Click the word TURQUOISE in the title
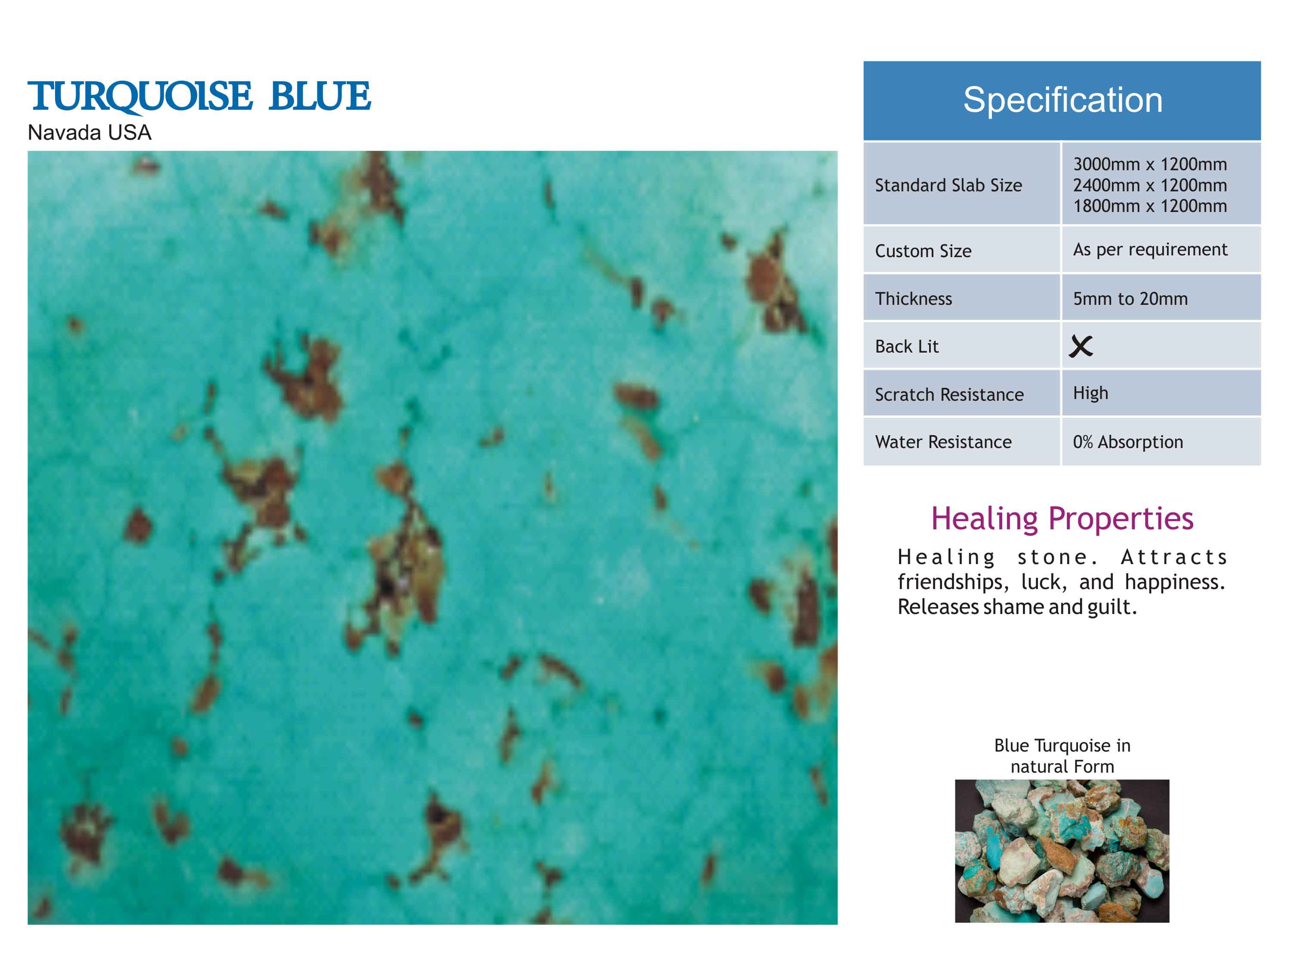click(x=140, y=97)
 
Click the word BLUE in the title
click(x=320, y=96)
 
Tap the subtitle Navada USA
click(x=89, y=133)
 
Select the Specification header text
click(x=1062, y=100)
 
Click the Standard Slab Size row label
click(x=948, y=185)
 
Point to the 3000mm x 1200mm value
click(x=1150, y=164)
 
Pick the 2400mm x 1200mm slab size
click(x=1150, y=185)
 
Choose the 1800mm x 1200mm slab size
click(x=1150, y=206)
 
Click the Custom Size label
click(x=923, y=251)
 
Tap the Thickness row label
click(x=913, y=299)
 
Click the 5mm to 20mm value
click(x=1130, y=299)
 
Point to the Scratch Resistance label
click(x=949, y=395)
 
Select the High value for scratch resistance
click(x=1090, y=393)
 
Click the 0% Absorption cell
click(x=1128, y=442)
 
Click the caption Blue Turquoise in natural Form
click(x=1062, y=756)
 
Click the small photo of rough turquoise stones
click(x=1062, y=851)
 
